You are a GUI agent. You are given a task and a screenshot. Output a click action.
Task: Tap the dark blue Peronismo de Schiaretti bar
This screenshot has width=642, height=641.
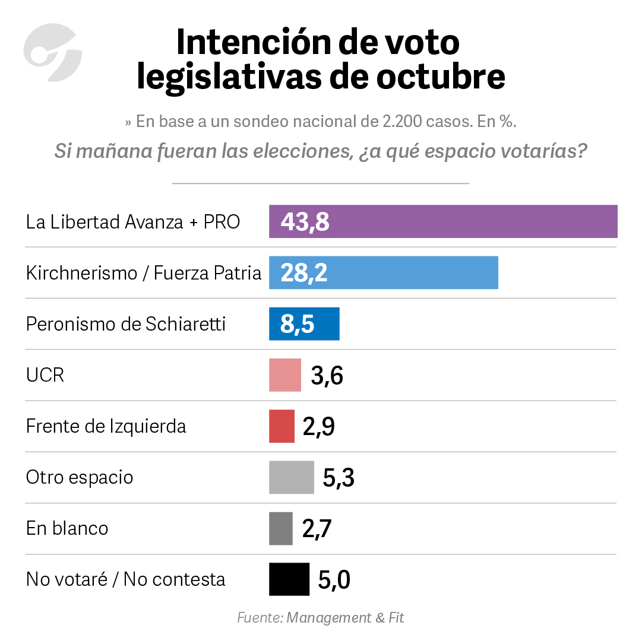[327, 324]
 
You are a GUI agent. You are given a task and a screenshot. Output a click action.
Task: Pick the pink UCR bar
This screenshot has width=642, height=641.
[285, 375]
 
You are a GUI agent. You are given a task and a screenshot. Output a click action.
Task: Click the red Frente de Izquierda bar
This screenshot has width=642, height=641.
[282, 426]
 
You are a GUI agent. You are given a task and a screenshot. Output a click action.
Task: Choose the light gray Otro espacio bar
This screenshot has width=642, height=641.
[291, 477]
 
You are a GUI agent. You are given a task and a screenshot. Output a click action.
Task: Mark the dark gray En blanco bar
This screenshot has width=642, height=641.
[281, 528]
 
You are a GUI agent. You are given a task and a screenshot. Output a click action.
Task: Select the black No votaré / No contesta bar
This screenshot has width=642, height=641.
[289, 579]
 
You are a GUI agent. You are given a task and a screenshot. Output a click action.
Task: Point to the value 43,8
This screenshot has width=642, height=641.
[305, 222]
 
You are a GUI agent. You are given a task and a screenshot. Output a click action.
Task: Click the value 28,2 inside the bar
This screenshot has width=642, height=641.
[303, 273]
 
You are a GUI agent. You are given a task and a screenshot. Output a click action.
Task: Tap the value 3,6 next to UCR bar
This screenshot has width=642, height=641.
[327, 376]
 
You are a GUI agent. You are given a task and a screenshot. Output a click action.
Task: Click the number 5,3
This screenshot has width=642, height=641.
[339, 478]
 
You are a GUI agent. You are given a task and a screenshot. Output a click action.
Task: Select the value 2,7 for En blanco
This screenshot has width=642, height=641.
[317, 529]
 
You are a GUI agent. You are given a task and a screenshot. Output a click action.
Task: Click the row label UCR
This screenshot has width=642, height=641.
[45, 375]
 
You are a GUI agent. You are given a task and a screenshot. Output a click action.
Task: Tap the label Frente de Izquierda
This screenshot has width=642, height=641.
[106, 426]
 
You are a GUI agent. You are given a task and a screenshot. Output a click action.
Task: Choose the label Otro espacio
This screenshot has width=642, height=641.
[80, 477]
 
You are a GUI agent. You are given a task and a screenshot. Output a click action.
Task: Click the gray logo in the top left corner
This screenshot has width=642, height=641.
[52, 52]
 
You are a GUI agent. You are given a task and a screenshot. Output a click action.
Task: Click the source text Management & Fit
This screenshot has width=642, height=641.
[345, 618]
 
